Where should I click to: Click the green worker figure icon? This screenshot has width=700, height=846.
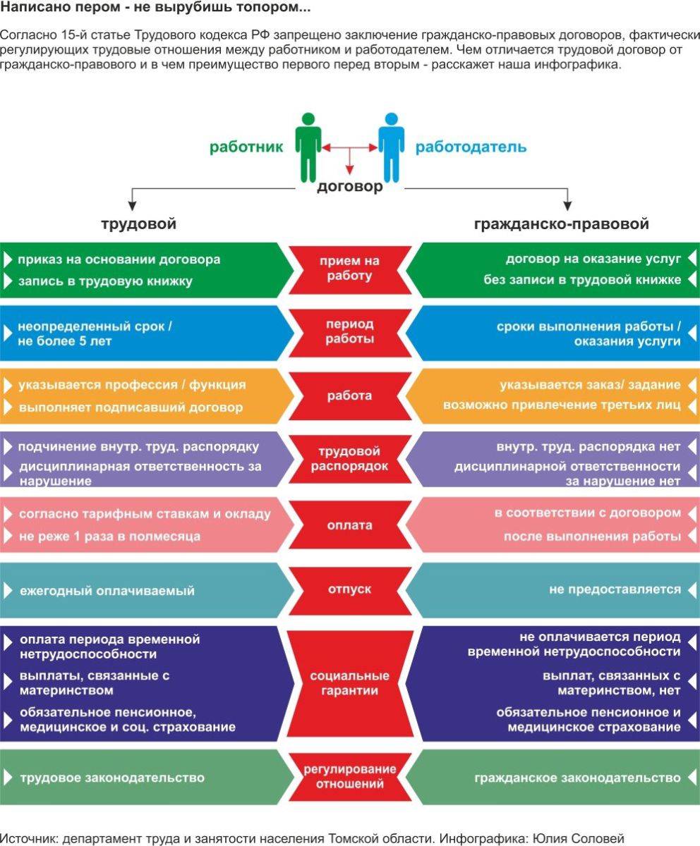308,147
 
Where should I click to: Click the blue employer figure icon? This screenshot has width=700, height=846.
392,147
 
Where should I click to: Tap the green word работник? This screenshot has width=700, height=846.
246,147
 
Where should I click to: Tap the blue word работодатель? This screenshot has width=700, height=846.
471,147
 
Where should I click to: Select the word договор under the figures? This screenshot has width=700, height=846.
350,187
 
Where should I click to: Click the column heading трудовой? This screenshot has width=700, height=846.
139,224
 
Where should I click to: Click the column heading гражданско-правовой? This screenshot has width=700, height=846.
561,224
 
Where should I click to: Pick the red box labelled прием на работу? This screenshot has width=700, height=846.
349,269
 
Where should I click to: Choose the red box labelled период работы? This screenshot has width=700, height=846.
349,332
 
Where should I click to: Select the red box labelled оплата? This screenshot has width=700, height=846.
349,525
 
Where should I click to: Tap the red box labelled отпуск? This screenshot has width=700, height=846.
349,589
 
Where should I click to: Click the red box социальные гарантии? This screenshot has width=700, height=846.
349,683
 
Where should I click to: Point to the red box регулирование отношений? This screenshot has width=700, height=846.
349,776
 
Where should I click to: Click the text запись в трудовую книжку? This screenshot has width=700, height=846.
105,281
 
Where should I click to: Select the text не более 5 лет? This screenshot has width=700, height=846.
64,341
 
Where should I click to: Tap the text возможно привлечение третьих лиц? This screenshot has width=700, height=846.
562,405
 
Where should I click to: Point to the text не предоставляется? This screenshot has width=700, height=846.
615,589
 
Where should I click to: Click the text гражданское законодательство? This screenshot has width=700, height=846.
577,778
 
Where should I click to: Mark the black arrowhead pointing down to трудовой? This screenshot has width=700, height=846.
132,205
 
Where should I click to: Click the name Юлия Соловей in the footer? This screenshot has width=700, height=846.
579,838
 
